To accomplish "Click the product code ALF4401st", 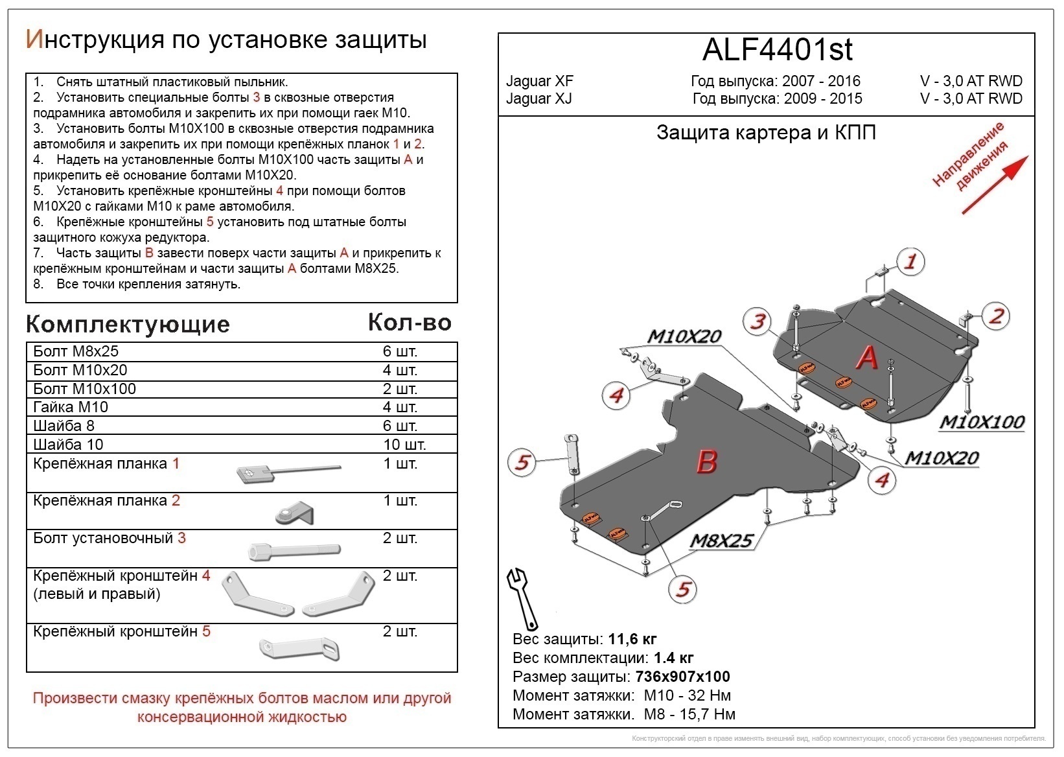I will point(777,50).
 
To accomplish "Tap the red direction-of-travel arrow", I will point(994,185).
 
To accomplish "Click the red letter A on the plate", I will point(866,358).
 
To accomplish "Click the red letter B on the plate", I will point(706,461).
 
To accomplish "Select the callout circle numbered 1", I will point(910,262).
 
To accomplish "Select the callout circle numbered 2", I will point(995,316).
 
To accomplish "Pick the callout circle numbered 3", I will point(758,321).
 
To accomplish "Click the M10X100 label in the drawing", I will point(982,422).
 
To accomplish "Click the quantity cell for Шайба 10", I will point(404,445).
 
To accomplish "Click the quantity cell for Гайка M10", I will point(400,407).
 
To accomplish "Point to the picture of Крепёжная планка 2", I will point(295,512).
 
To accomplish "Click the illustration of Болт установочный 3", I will point(294,551).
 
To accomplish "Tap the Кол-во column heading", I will point(409,322).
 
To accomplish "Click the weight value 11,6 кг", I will point(632,640).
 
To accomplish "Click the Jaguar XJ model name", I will point(538,99).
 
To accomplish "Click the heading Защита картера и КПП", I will point(766,133).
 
